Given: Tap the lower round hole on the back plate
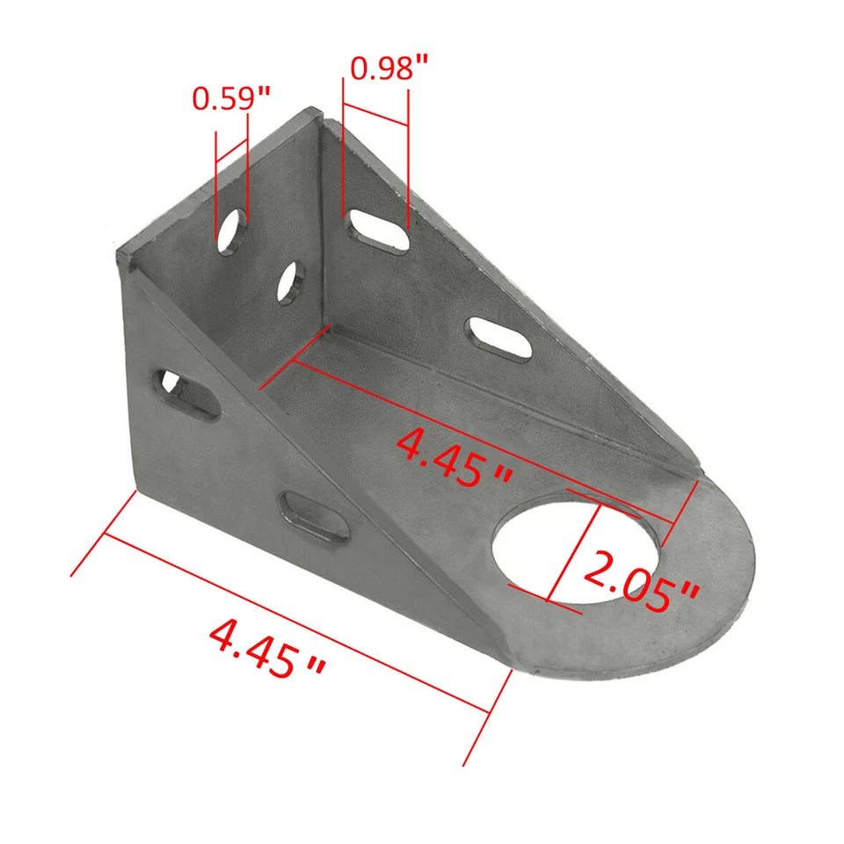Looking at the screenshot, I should point(288,282).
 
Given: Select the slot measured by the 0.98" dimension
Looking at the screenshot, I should point(378,230).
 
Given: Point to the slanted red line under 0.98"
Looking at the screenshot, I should point(375,114).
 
